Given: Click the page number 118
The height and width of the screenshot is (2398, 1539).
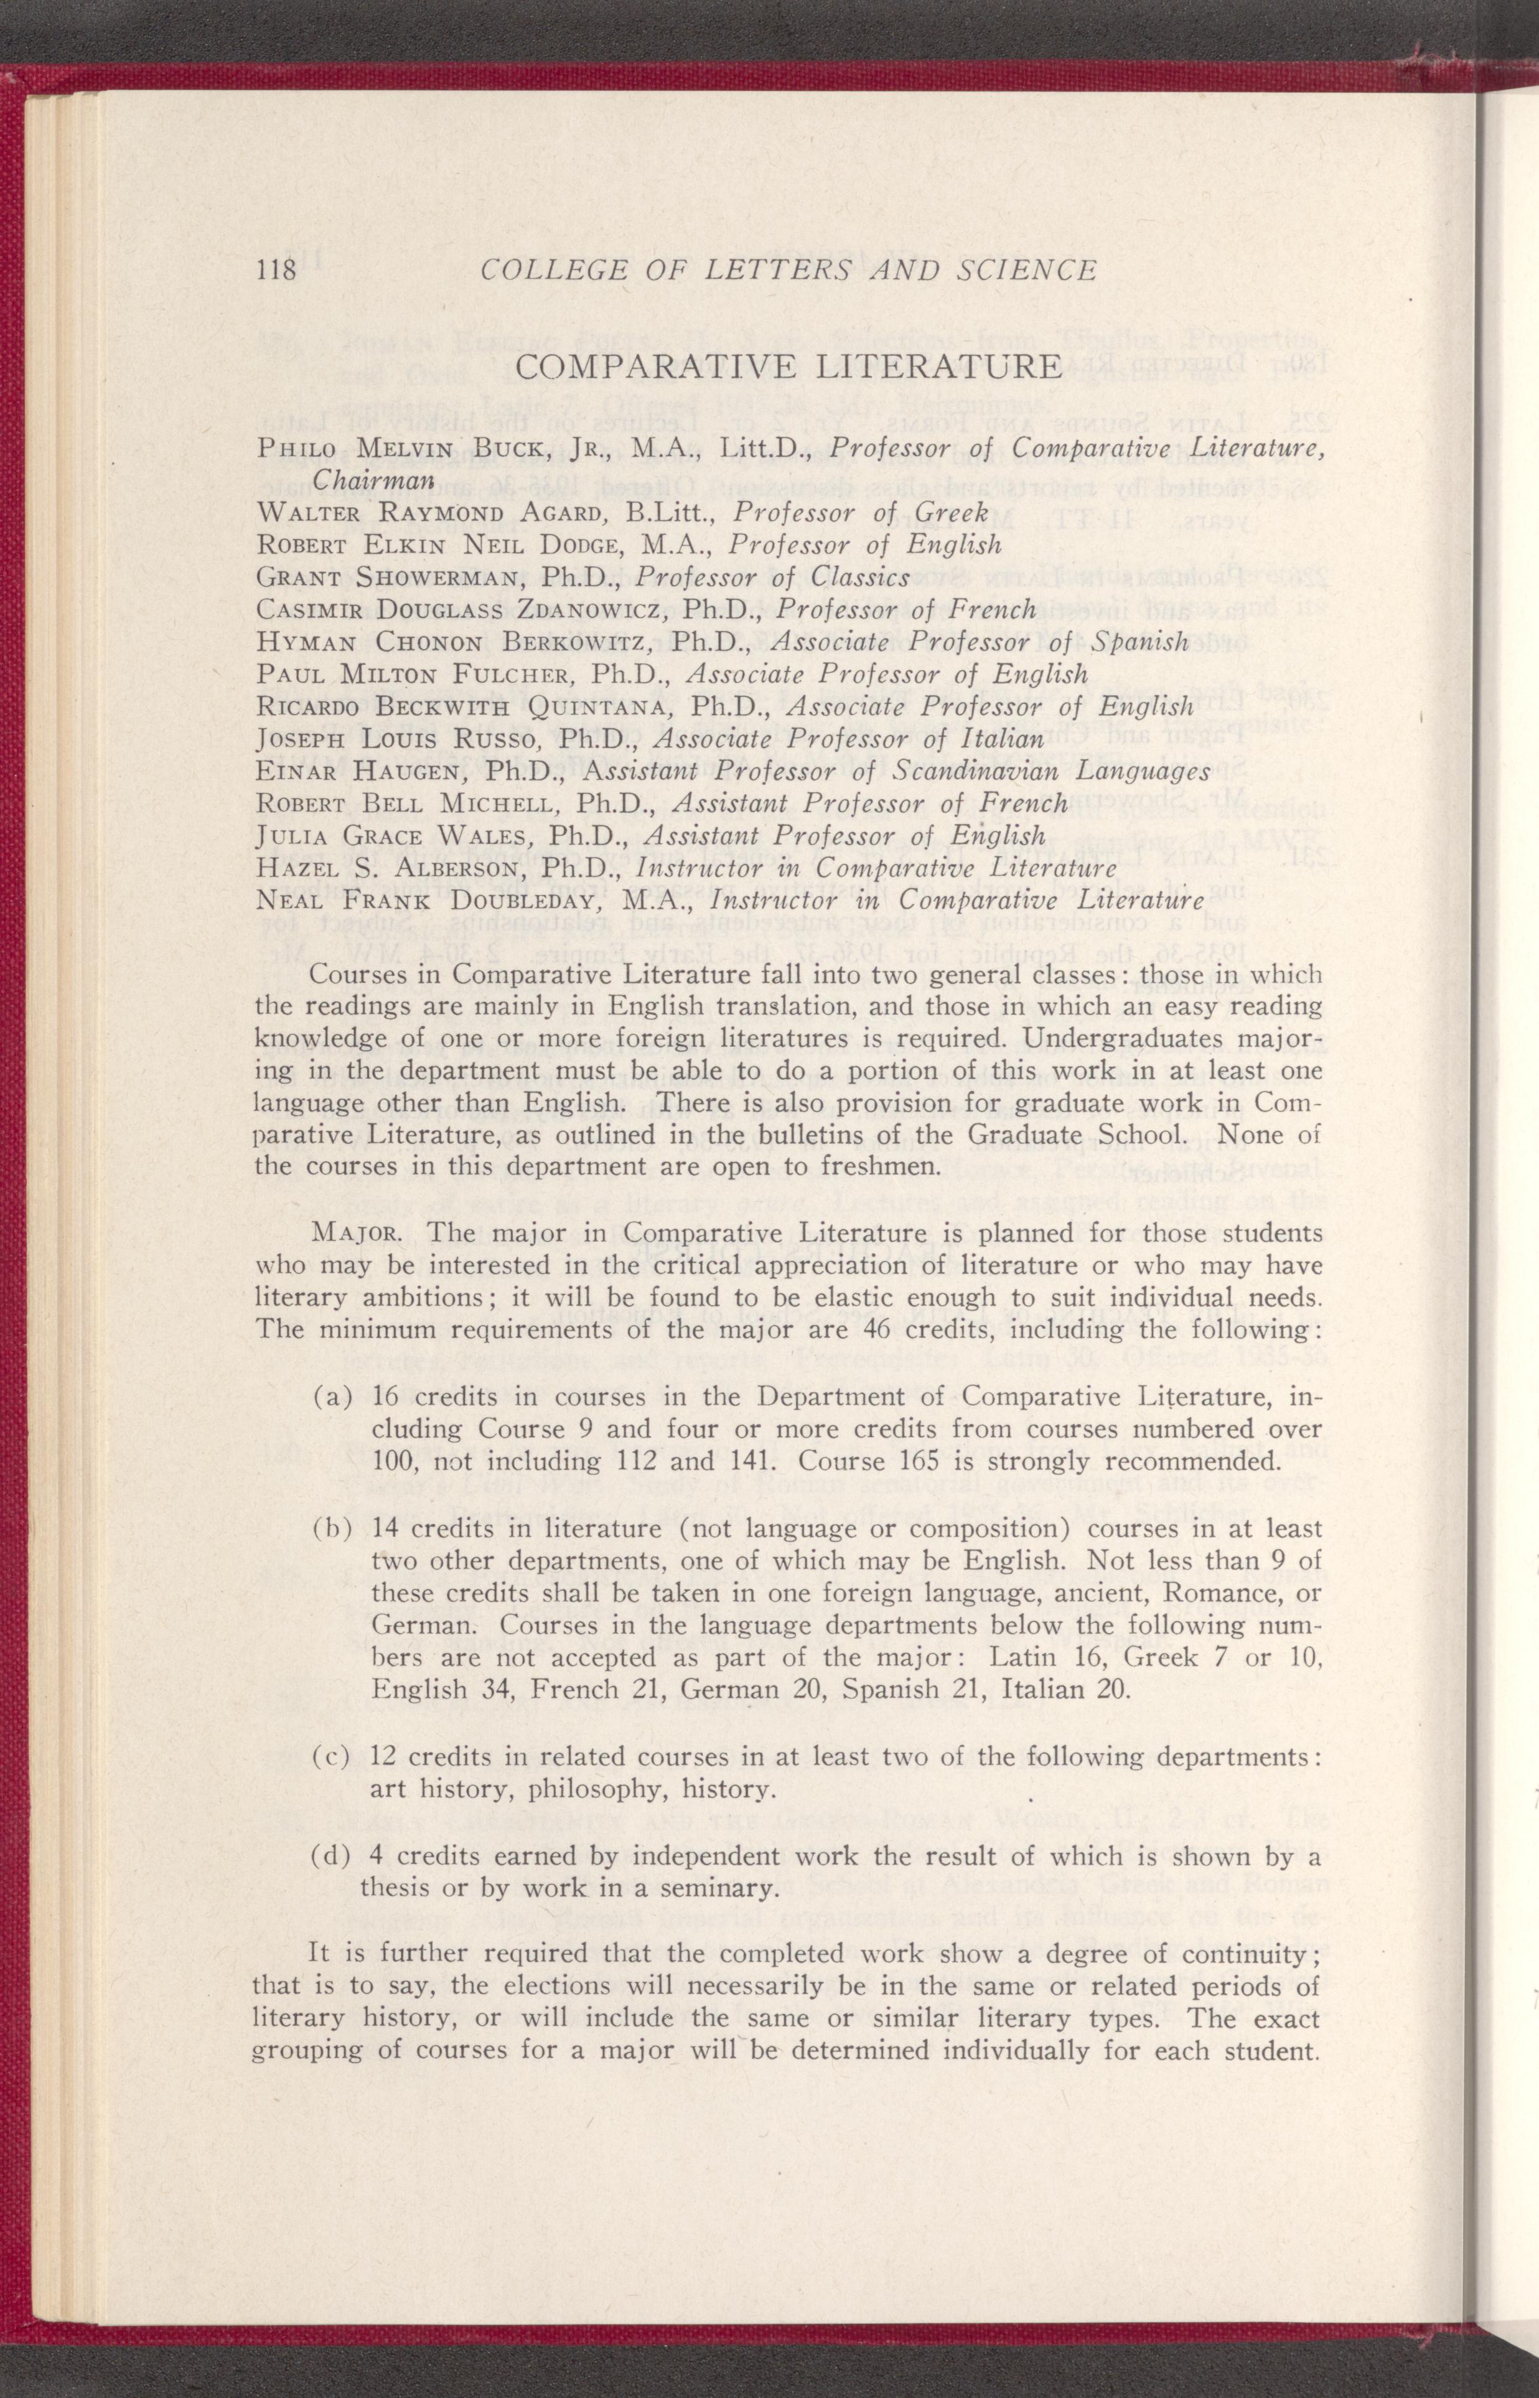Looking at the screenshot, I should coord(277,269).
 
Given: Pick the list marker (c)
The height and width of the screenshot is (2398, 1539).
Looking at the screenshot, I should coord(332,1756).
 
